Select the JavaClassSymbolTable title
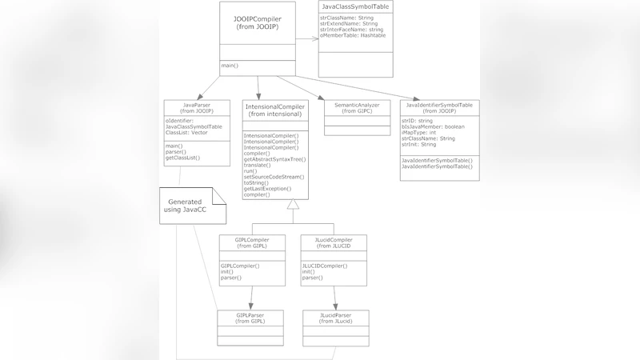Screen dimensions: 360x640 point(356,6)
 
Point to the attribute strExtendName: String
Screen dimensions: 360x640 point(349,23)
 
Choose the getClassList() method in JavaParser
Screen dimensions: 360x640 point(183,158)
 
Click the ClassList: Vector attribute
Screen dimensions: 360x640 point(186,133)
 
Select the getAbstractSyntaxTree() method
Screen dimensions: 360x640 point(275,160)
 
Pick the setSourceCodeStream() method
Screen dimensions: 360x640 point(274,177)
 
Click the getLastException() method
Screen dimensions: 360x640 point(268,189)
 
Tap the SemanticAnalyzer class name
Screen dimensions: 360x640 point(357,105)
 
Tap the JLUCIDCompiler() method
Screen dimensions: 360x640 point(325,266)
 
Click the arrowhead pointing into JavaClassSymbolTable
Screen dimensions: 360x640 point(314,38)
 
